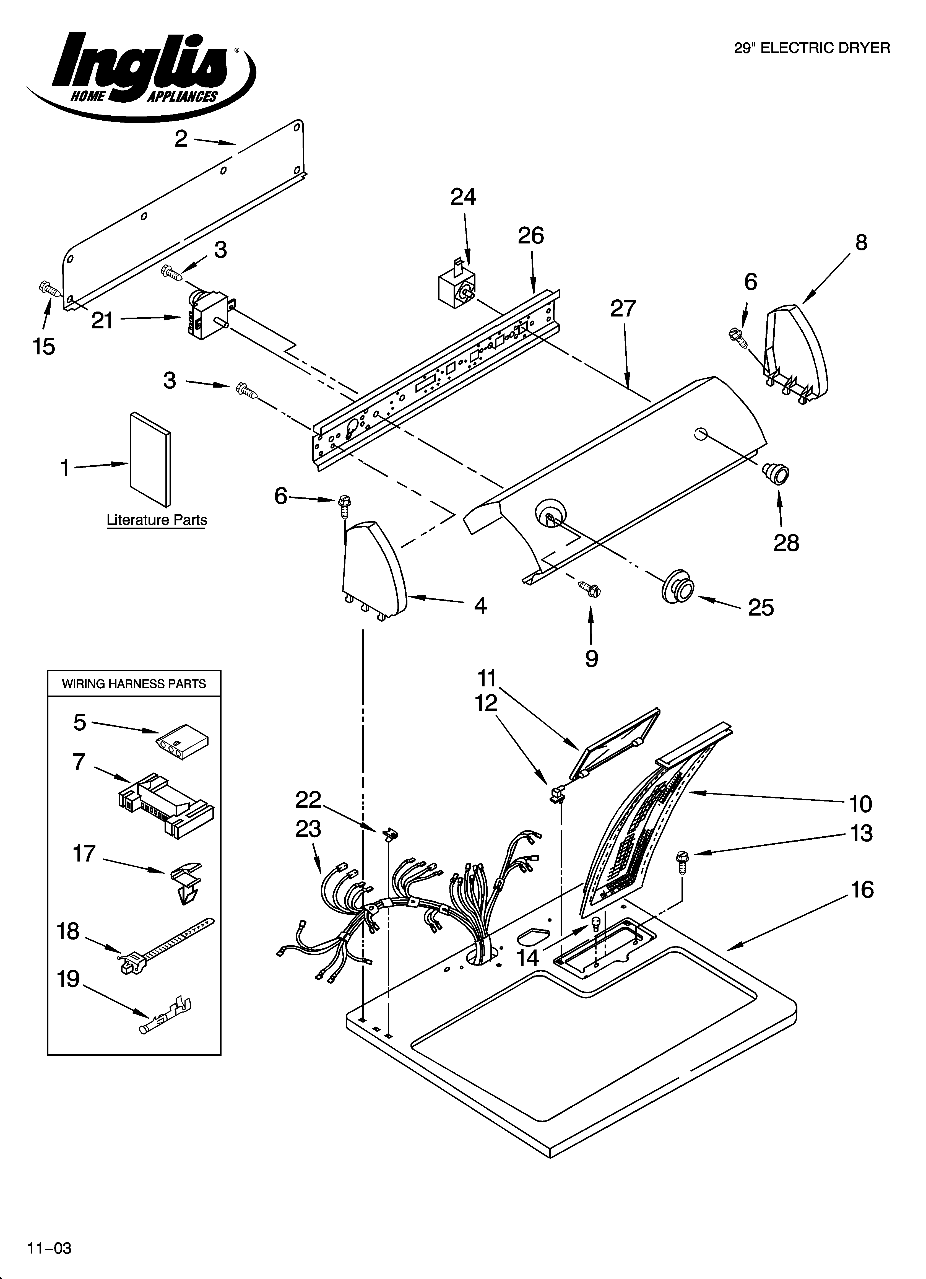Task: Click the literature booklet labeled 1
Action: coord(150,460)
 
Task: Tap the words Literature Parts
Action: coord(157,520)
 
